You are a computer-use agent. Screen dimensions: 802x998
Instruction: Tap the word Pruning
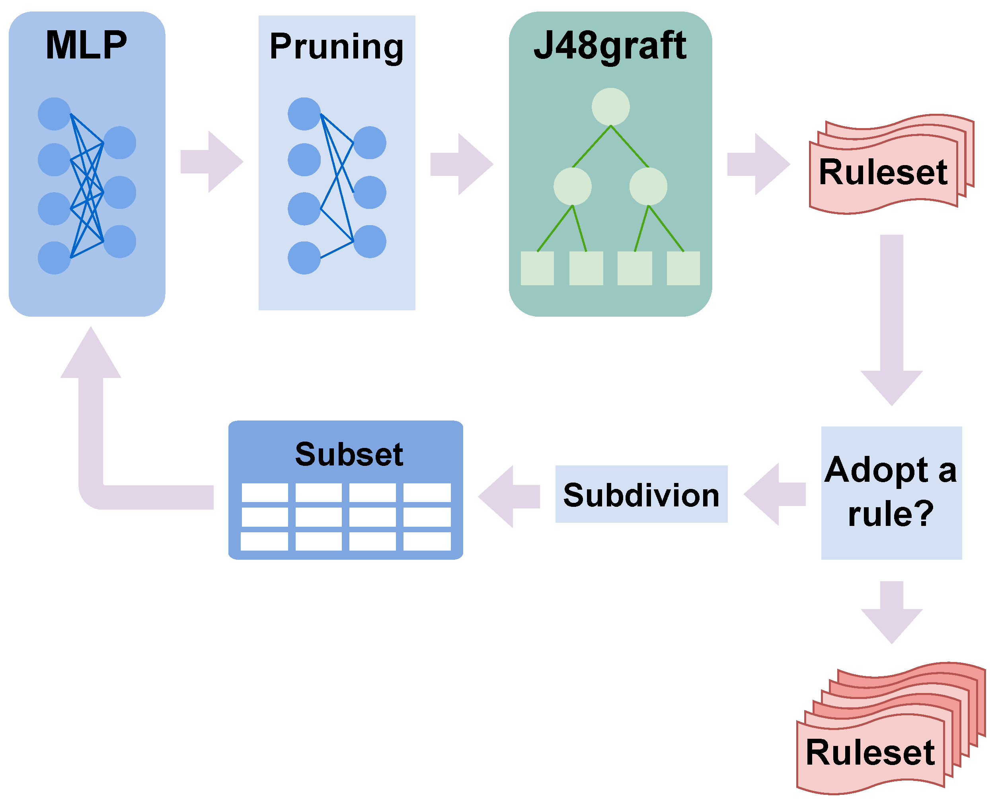337,47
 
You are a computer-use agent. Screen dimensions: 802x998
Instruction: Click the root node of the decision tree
610,107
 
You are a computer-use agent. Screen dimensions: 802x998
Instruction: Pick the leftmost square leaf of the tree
537,269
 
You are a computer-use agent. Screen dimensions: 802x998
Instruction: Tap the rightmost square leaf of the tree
683,269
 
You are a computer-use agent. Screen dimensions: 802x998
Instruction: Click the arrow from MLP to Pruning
212,162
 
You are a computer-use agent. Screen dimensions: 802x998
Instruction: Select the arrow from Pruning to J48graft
462,164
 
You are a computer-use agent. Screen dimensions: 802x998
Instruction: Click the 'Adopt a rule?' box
891,493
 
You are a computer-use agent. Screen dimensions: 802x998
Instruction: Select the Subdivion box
641,494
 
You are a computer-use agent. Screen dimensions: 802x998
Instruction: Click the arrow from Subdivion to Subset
509,496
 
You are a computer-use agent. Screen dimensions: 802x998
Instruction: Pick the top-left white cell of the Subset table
265,492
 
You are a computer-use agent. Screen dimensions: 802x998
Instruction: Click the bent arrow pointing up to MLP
91,440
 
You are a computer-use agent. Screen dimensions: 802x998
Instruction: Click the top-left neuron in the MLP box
54,114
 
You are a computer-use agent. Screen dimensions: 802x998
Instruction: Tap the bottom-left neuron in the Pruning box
304,258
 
